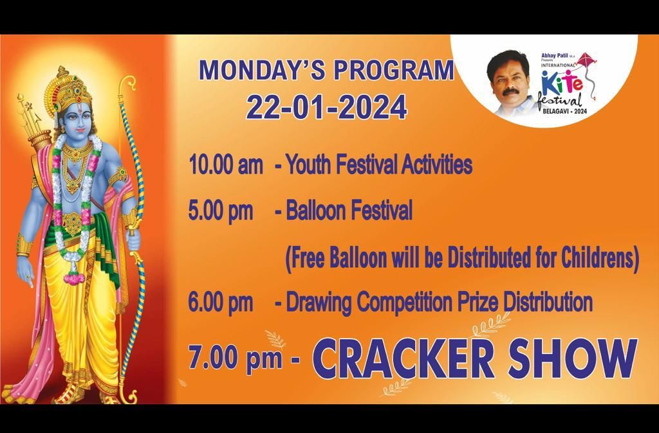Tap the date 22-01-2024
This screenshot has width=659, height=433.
point(326,107)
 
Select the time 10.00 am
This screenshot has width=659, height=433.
point(226,166)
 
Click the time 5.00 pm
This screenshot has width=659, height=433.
point(221,211)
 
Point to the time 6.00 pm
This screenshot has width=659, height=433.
point(221,302)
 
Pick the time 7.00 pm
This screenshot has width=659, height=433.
point(236,357)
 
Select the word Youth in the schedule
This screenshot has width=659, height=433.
point(307,165)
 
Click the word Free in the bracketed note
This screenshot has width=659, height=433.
point(308,258)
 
